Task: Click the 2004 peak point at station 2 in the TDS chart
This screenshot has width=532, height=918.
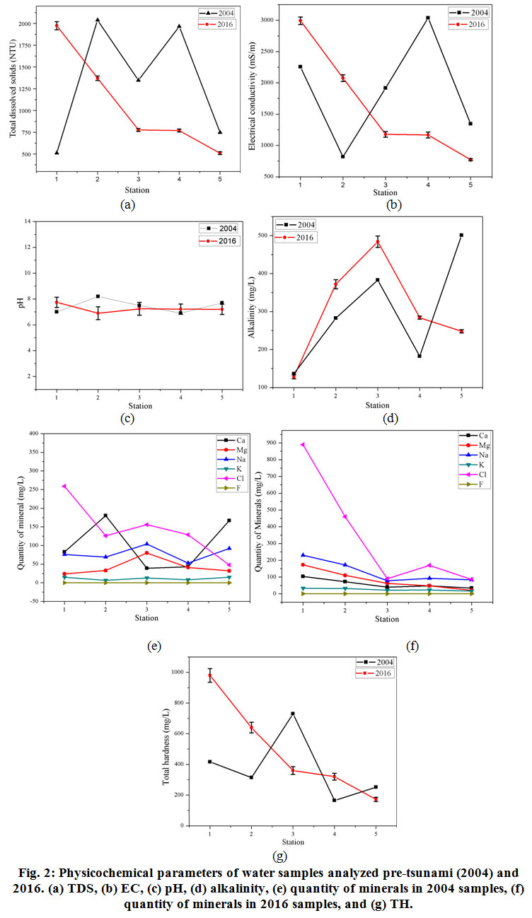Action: point(98,20)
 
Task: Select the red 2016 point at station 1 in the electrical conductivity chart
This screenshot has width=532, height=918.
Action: point(301,21)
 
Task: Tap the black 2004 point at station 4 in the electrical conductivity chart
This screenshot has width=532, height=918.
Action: point(428,18)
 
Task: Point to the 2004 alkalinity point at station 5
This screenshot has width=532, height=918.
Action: point(461,235)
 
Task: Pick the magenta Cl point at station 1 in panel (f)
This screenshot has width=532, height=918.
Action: point(302,445)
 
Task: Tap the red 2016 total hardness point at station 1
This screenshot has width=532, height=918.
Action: point(210,675)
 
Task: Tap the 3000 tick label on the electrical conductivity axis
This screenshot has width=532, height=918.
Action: point(270,20)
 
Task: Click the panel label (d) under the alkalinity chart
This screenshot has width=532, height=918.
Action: point(390,419)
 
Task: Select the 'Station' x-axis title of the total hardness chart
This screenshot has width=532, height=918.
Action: point(292,842)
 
